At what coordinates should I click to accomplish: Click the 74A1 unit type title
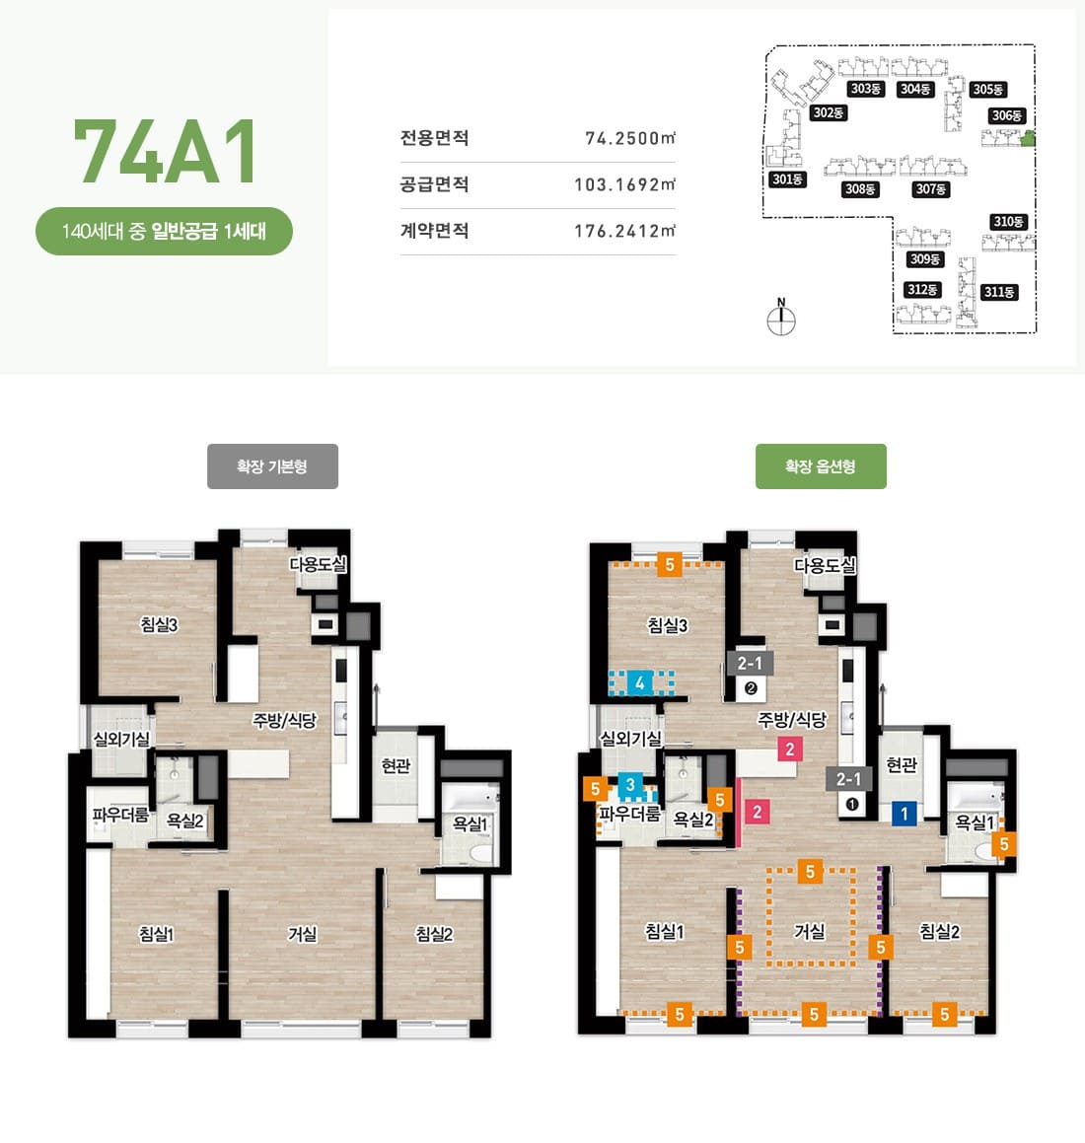click(x=166, y=151)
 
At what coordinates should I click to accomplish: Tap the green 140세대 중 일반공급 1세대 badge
click(x=164, y=232)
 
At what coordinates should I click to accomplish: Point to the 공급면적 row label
click(x=434, y=184)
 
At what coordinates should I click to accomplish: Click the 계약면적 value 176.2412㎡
click(x=624, y=231)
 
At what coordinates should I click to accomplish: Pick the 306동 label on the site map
click(x=1007, y=116)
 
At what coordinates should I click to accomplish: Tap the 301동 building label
click(x=787, y=179)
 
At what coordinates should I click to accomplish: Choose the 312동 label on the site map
click(x=922, y=290)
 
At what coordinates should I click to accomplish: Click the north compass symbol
click(x=781, y=320)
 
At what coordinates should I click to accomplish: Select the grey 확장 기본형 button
click(x=272, y=466)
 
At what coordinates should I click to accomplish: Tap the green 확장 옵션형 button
click(x=821, y=466)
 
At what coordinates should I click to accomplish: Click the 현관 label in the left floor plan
click(x=396, y=765)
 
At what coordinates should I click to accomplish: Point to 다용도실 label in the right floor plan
click(x=825, y=565)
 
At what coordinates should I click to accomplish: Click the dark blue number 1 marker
click(x=904, y=814)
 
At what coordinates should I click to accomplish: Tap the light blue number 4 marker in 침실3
click(x=640, y=682)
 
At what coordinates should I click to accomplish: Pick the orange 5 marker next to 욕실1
click(x=1004, y=843)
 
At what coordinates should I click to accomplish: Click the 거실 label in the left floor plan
click(x=302, y=933)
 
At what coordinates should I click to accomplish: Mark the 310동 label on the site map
click(x=1008, y=222)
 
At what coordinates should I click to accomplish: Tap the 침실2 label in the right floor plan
click(x=939, y=931)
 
